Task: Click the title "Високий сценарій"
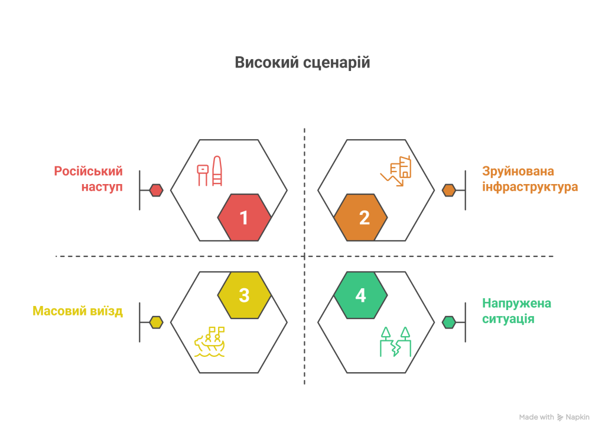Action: tap(302, 63)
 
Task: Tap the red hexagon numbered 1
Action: tap(244, 217)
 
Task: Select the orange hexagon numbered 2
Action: tap(360, 217)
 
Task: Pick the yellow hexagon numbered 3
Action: tap(244, 295)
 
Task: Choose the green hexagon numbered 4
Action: tap(360, 295)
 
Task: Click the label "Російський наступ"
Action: tap(89, 179)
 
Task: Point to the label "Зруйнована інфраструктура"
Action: tap(529, 179)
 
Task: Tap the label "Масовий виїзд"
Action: tap(77, 311)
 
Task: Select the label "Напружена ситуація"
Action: tap(516, 311)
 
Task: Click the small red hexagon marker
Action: tap(156, 190)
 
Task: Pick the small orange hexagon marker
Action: tap(449, 190)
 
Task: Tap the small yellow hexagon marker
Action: tap(156, 322)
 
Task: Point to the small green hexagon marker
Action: tap(449, 322)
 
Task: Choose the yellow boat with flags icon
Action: tap(210, 343)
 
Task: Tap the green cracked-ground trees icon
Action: tap(395, 341)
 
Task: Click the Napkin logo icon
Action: tap(560, 417)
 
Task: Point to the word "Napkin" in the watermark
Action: tap(578, 417)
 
